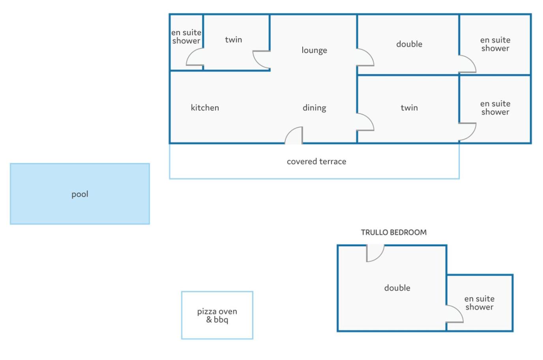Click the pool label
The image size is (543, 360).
[80, 195]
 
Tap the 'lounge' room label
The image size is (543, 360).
[315, 50]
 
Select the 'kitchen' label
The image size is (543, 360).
[205, 108]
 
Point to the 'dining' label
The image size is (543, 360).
[315, 108]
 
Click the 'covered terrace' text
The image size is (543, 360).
[316, 161]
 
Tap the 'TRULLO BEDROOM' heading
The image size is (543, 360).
[394, 232]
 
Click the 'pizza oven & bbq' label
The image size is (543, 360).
[217, 315]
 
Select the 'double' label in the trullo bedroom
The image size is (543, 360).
[397, 288]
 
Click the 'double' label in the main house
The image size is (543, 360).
[409, 44]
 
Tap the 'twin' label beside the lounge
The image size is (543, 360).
[234, 40]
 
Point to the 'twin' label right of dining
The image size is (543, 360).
[409, 108]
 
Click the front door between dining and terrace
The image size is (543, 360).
[294, 135]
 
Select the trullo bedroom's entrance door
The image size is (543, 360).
[375, 253]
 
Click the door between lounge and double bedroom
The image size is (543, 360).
[365, 57]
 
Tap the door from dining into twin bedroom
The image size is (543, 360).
[365, 122]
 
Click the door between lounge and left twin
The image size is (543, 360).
[262, 60]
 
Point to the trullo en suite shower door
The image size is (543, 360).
[455, 314]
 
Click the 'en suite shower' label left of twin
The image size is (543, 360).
[186, 37]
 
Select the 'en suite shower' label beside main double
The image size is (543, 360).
[495, 44]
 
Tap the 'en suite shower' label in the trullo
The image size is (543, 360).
[479, 303]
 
